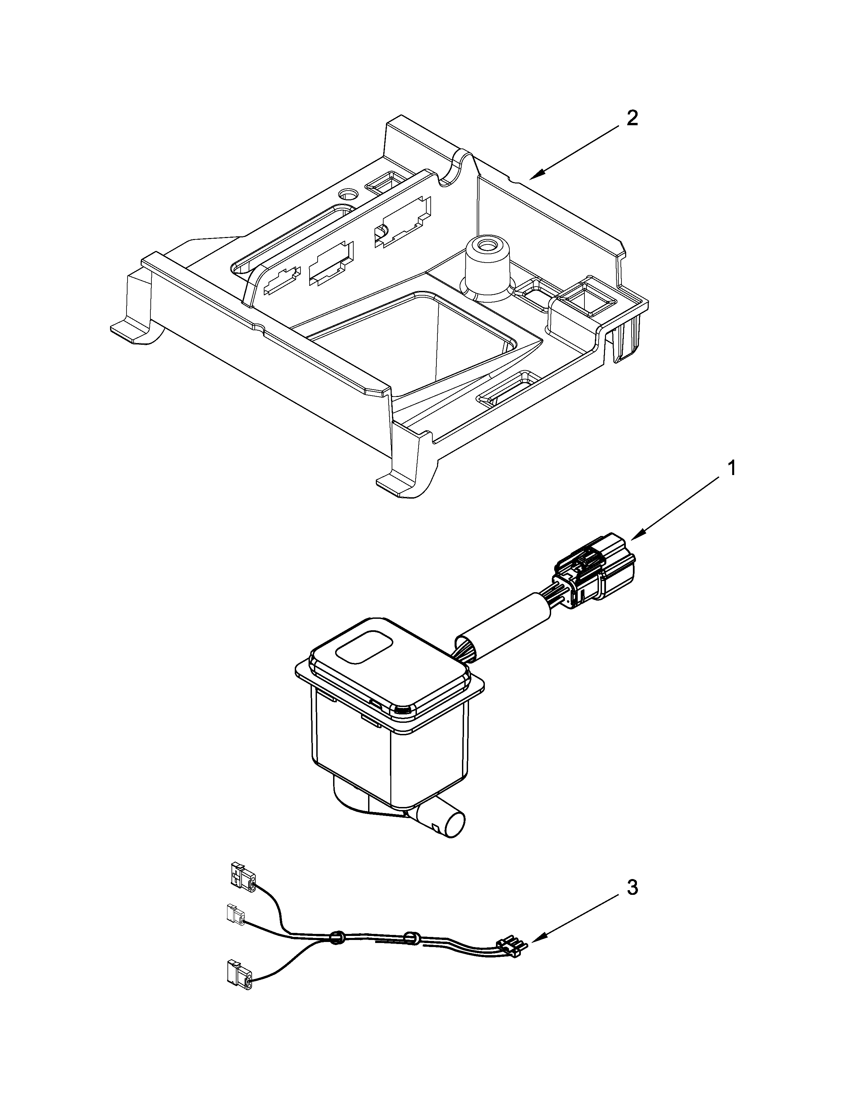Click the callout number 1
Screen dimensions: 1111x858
(x=731, y=468)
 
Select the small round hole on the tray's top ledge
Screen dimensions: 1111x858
(x=349, y=194)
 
